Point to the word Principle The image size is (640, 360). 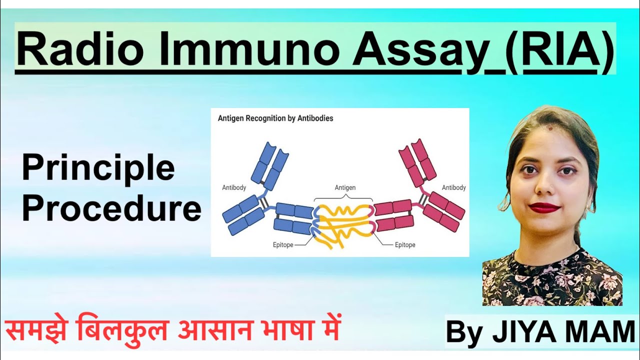click(x=98, y=169)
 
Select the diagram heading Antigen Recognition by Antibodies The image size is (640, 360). click(x=275, y=118)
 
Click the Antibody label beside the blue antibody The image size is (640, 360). click(x=234, y=187)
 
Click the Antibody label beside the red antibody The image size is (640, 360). click(x=453, y=187)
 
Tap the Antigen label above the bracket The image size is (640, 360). click(x=345, y=187)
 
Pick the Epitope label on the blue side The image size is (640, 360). click(x=283, y=245)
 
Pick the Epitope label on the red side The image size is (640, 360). click(x=405, y=245)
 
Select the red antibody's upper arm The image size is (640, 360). click(x=417, y=162)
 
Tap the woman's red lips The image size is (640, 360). click(x=544, y=206)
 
